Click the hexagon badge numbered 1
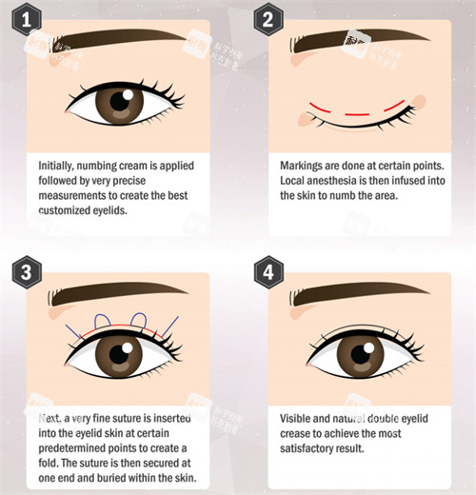point(27,19)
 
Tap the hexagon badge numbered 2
point(268,19)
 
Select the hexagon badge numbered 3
point(27,272)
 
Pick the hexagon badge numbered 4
point(268,272)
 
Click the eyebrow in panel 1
point(117,40)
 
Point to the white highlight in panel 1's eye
point(128,94)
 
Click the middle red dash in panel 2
point(357,114)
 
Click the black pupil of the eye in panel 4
point(361,354)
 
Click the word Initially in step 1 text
point(55,166)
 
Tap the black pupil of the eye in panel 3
point(119,353)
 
